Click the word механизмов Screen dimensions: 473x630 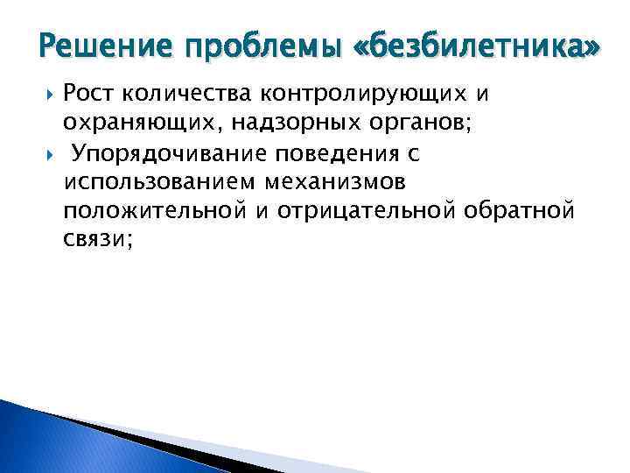click(x=357, y=182)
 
